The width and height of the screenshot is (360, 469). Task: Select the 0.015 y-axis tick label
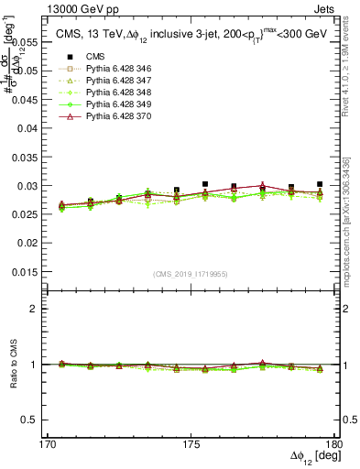[x=26, y=271]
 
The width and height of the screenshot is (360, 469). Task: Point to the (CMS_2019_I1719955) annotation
[x=190, y=273]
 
